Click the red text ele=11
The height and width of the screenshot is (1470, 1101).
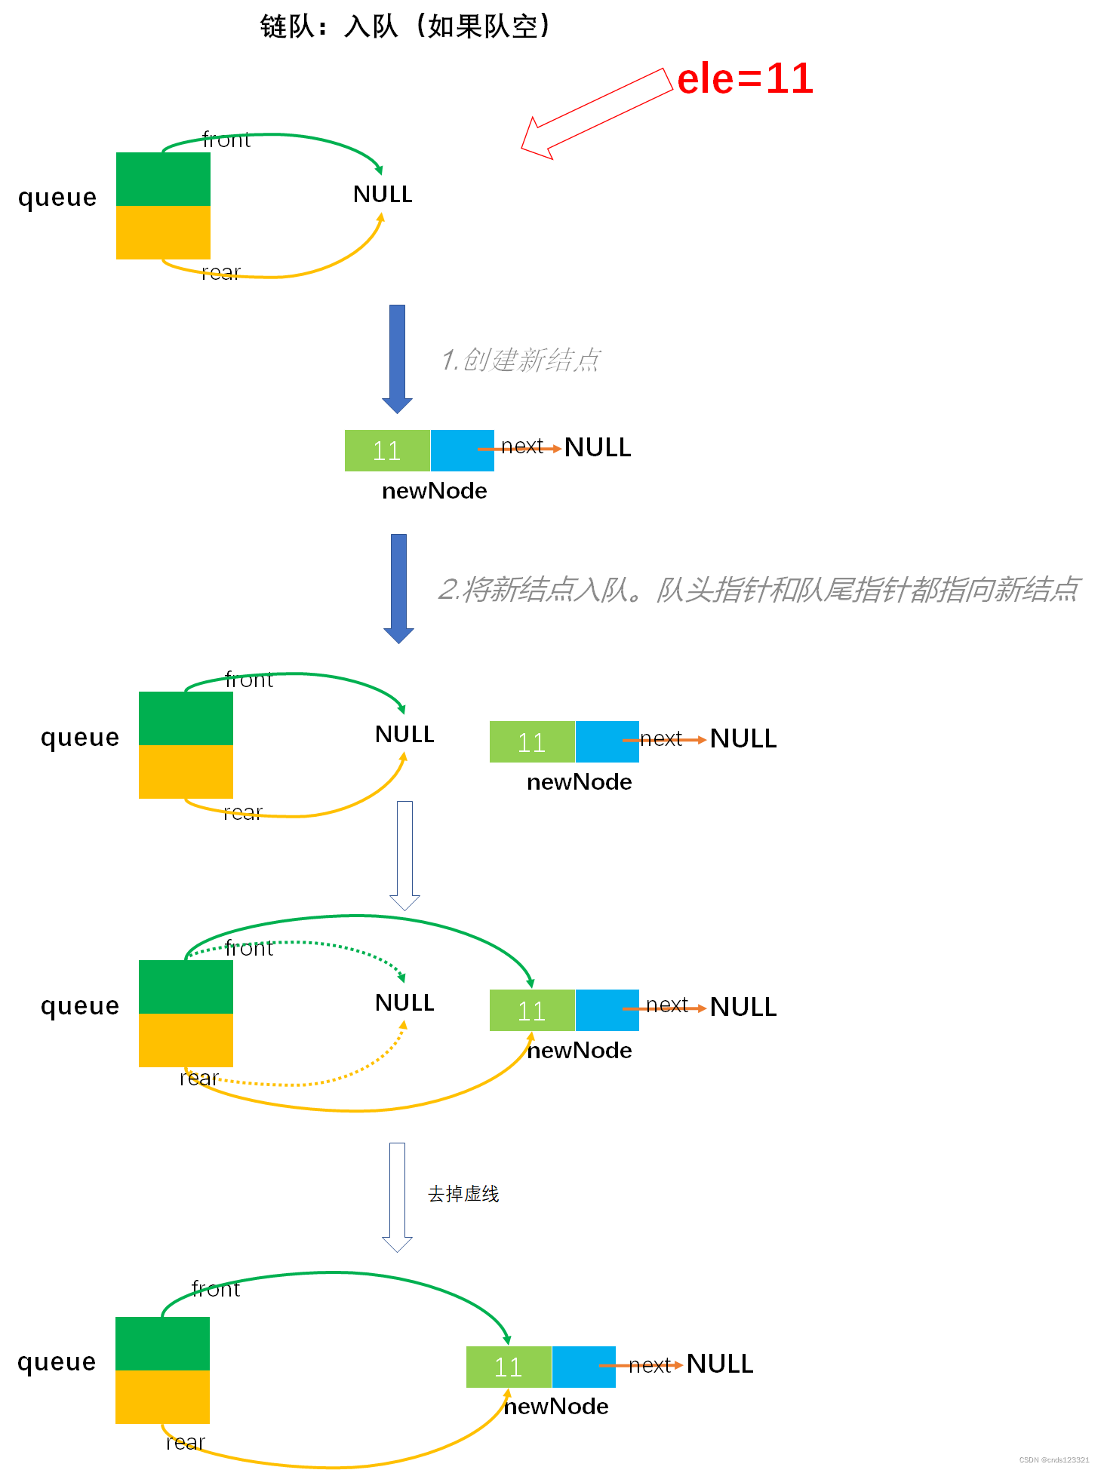(x=745, y=78)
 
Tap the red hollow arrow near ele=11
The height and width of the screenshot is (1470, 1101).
(x=596, y=113)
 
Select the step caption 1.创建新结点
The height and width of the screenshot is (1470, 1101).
(x=520, y=360)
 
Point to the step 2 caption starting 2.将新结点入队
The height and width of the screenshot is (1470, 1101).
(x=758, y=589)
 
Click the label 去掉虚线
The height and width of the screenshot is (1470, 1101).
(x=463, y=1194)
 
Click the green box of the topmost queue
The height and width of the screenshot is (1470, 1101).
(x=163, y=179)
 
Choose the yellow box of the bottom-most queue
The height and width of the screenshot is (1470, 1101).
(x=162, y=1397)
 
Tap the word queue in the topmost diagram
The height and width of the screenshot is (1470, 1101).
(x=57, y=197)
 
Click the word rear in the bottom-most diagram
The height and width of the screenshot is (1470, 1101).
(x=185, y=1442)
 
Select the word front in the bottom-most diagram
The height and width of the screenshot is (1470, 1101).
(x=215, y=1289)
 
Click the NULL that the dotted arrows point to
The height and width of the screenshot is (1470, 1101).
(x=404, y=1002)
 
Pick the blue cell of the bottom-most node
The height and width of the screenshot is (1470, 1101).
(x=583, y=1367)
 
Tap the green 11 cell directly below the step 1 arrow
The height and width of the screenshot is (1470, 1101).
(x=387, y=450)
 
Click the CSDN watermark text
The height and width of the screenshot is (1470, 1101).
(x=1053, y=1460)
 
